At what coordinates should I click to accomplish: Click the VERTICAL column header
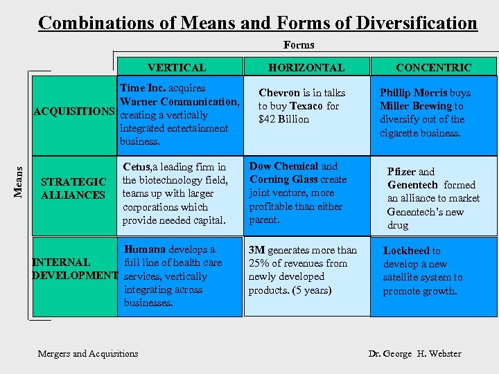point(176,67)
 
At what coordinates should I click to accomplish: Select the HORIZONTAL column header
point(306,67)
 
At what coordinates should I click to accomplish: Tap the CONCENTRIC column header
point(433,67)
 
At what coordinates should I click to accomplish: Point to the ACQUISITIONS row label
point(75,112)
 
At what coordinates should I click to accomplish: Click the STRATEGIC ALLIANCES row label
point(73,188)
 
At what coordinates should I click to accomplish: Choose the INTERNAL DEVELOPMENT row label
point(74,269)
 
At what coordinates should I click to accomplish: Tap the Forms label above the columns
point(299,45)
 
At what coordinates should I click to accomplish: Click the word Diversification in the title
point(417,23)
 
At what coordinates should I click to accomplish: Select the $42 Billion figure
point(284,119)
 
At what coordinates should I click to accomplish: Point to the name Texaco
point(306,106)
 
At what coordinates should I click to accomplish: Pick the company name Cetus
point(137,167)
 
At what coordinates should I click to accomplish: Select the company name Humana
point(145,249)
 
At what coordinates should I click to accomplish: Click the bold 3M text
point(256,250)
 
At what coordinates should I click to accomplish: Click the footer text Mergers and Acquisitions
point(88,354)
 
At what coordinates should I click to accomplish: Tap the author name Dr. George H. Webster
point(414,354)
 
